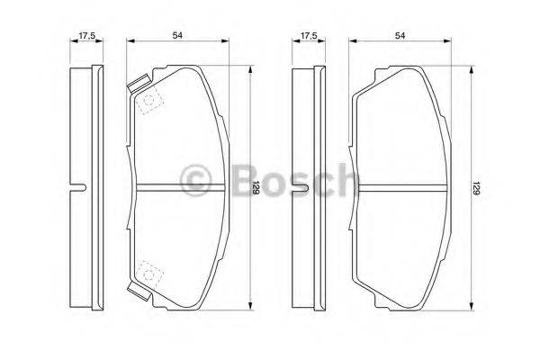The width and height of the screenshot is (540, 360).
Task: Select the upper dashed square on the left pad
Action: pos(148,102)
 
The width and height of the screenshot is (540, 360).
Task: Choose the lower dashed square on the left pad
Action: pos(148,271)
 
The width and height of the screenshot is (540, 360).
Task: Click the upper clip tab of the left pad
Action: pos(138,85)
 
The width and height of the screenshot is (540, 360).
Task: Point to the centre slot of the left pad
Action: pos(178,186)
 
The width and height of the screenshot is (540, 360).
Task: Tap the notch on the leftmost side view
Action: pos(80,186)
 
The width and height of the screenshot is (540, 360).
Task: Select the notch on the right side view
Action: pos(301,186)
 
